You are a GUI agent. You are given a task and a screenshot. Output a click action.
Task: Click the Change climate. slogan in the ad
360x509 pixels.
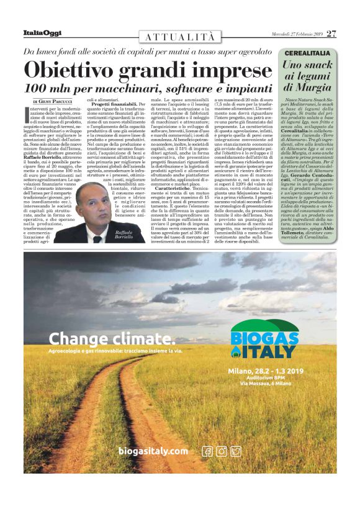click(x=112, y=338)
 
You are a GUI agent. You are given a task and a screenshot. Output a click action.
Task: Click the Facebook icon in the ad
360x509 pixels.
click(x=207, y=451)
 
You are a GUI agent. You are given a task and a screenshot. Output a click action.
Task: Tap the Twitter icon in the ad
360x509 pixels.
click(x=236, y=451)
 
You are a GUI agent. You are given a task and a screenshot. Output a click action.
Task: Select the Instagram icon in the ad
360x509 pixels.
click(x=222, y=451)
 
